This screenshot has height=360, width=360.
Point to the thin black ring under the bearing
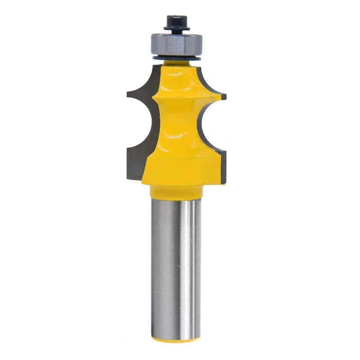pos(177,58)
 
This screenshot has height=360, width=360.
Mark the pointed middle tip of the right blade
pos(224,95)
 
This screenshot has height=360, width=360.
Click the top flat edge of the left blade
pos(156,67)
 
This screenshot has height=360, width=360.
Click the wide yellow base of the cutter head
pos(178,169)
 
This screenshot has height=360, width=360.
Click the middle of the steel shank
pos(176,265)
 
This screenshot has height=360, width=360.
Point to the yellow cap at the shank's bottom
pos(176,338)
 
